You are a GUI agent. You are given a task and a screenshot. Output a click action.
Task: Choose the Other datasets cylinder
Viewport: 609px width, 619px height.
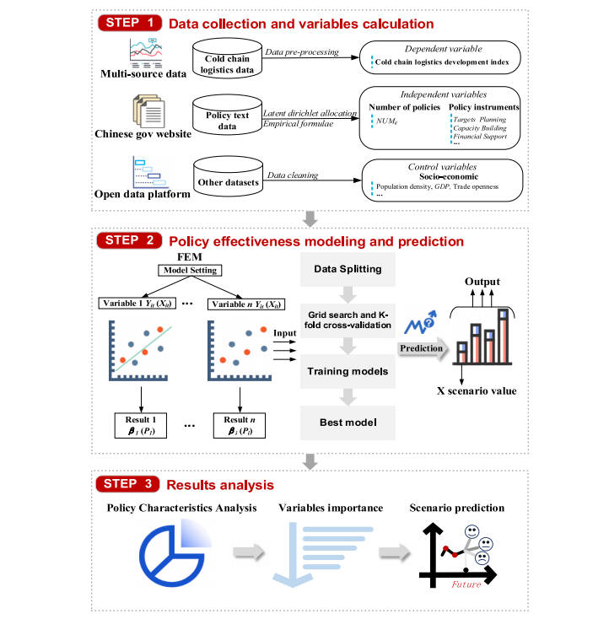point(227,180)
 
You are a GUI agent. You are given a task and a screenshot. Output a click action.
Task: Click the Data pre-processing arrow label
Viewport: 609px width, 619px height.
point(301,51)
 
